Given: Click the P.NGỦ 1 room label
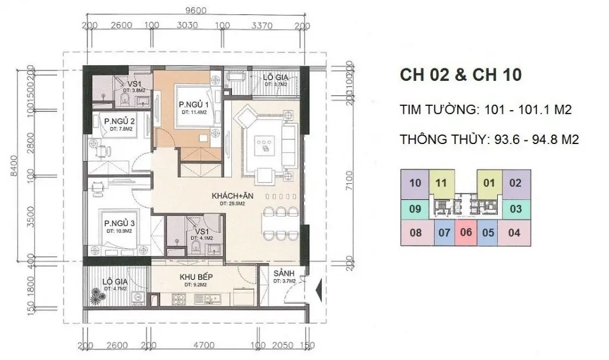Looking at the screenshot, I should click(x=192, y=105).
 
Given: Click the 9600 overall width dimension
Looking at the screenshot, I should click(x=194, y=10).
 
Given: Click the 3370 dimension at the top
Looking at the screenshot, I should click(x=262, y=26).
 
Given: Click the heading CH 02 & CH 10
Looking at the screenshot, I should click(x=454, y=76).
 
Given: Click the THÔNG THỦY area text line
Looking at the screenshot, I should click(x=489, y=139).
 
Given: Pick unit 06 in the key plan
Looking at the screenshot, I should click(x=466, y=232).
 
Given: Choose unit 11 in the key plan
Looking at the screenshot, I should click(x=441, y=183).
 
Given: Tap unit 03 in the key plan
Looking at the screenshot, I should click(x=515, y=208).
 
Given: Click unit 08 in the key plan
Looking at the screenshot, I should click(x=416, y=232).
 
